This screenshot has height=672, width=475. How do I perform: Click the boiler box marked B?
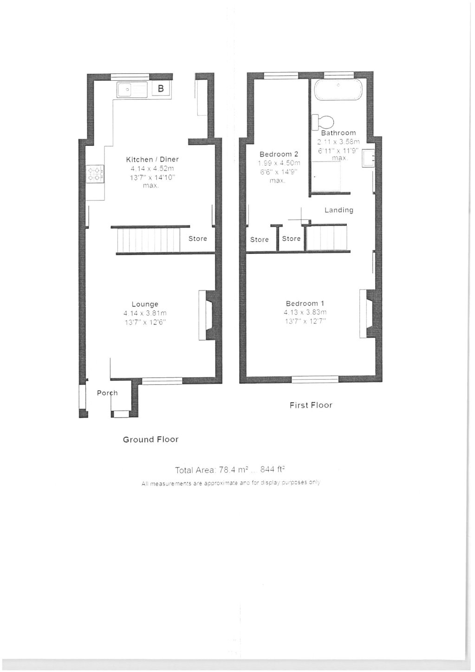coord(161,89)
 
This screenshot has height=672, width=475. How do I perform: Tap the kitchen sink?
coord(132,89)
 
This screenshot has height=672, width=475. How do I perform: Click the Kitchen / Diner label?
coord(152,159)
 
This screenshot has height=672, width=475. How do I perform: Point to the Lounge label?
coord(145,304)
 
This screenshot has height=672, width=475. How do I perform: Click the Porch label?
coord(107,393)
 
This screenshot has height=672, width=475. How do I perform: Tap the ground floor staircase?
coord(148,239)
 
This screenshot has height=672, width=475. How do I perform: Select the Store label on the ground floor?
coord(198,239)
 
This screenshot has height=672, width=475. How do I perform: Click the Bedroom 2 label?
coord(279,154)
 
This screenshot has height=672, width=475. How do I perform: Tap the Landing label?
coord(338,210)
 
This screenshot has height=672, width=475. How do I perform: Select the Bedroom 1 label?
coord(305,304)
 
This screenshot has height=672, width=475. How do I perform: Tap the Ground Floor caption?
coord(150,439)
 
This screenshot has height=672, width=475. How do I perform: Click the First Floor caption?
coord(311,405)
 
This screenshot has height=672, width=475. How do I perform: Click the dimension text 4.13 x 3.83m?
coord(306,312)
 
